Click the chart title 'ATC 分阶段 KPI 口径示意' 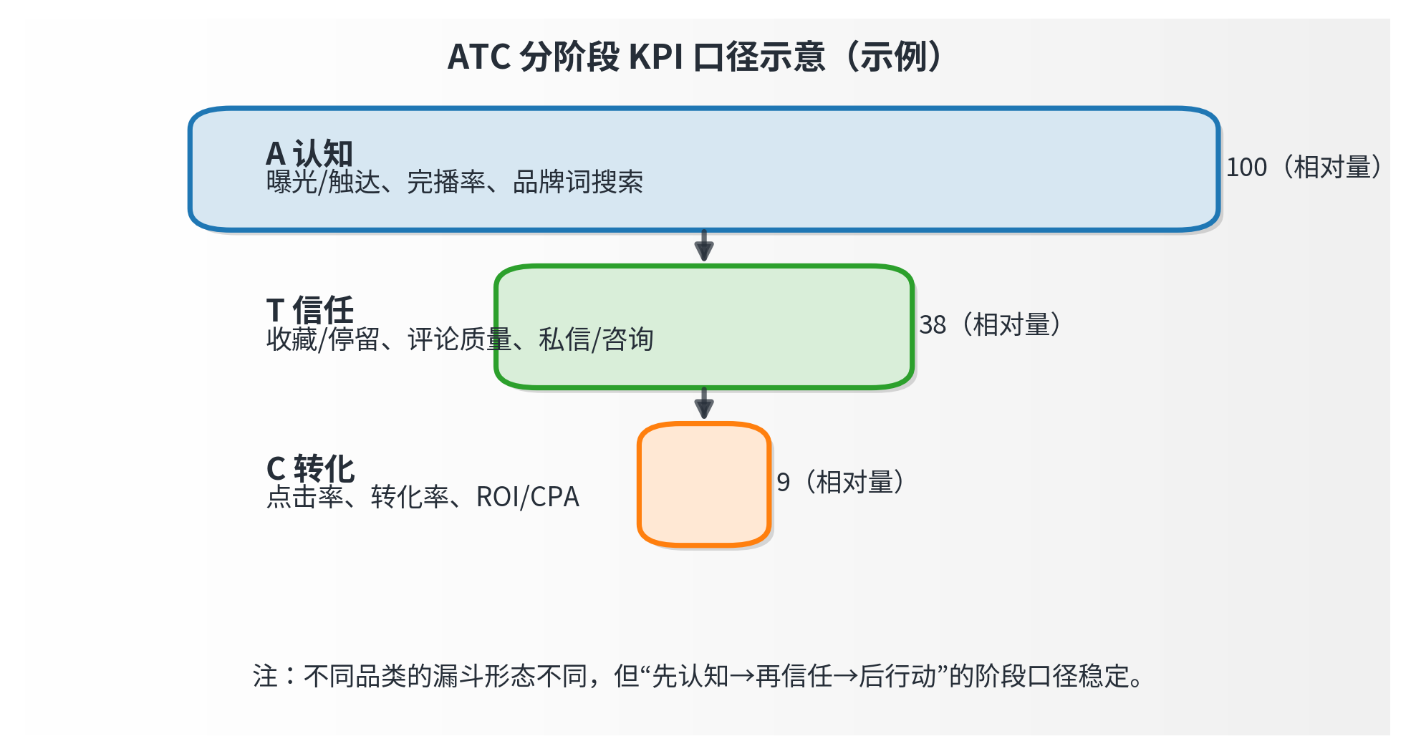click(636, 57)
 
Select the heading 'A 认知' click(309, 153)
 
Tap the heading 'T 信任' click(309, 310)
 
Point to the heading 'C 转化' click(310, 469)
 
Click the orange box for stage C click(703, 485)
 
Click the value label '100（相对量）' click(1304, 168)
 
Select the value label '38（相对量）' click(990, 325)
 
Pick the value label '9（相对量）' click(840, 483)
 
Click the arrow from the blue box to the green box click(704, 246)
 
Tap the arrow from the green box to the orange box click(704, 404)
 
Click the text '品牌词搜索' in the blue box click(577, 183)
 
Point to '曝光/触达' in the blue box click(323, 183)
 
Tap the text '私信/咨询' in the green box click(596, 339)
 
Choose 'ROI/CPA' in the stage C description click(527, 497)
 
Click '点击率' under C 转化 click(305, 497)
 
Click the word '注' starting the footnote click(265, 676)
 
